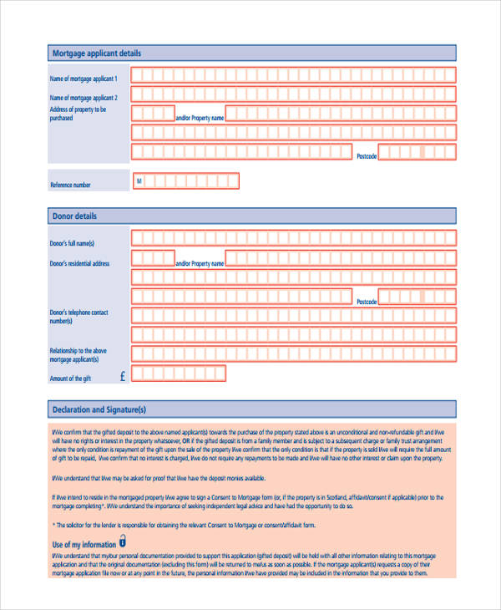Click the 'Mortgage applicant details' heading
point(97,53)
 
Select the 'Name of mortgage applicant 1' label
point(83,79)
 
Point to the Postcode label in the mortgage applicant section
point(367,156)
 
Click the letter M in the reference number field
point(139,180)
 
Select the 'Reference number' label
point(70,185)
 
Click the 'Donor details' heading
point(74,216)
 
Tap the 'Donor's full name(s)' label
point(73,243)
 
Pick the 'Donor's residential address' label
point(79,263)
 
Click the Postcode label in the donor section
point(367,301)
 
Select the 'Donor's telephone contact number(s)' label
point(79,317)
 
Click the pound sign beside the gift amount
point(123,377)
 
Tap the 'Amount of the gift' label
point(70,379)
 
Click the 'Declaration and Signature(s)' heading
point(99,410)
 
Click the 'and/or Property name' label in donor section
point(200,263)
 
